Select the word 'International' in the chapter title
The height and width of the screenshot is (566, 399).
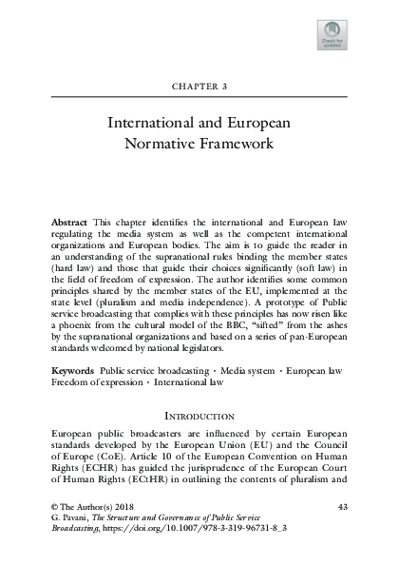point(155,124)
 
